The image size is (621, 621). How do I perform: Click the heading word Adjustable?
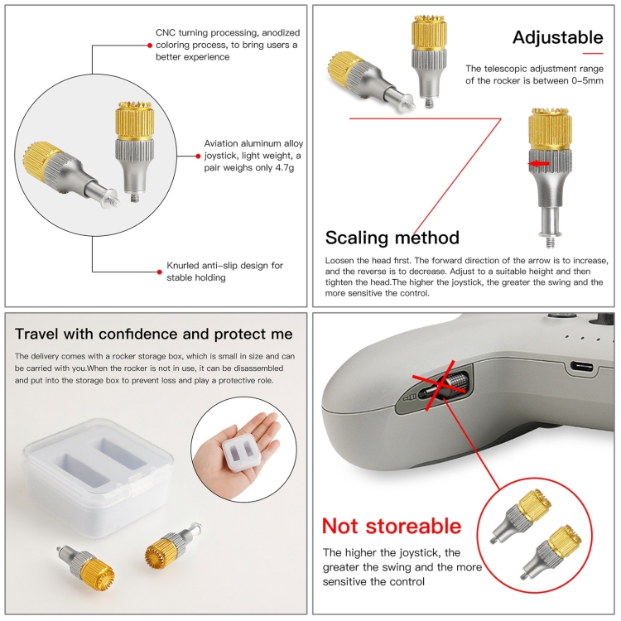click(557, 37)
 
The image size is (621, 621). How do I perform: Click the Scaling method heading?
click(392, 238)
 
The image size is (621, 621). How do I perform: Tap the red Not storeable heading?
click(392, 526)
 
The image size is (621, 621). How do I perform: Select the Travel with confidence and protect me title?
click(154, 334)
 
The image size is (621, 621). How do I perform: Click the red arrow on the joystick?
click(539, 163)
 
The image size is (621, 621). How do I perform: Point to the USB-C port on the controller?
click(581, 367)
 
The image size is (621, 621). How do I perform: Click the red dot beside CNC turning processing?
click(150, 46)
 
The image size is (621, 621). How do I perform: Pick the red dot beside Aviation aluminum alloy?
click(198, 156)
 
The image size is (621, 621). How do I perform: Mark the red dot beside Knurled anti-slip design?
click(159, 272)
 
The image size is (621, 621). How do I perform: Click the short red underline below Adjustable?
click(593, 54)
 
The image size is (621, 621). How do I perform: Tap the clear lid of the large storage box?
click(99, 460)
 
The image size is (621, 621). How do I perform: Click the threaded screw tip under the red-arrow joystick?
click(550, 242)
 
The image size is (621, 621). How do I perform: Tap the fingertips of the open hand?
click(272, 421)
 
